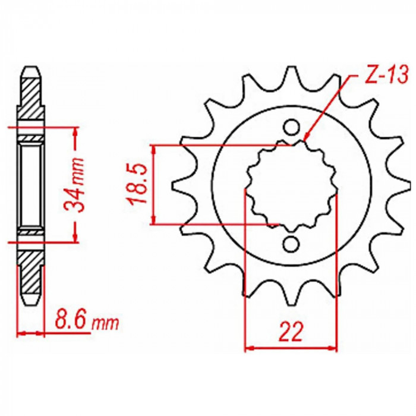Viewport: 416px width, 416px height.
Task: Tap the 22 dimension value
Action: point(291,332)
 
